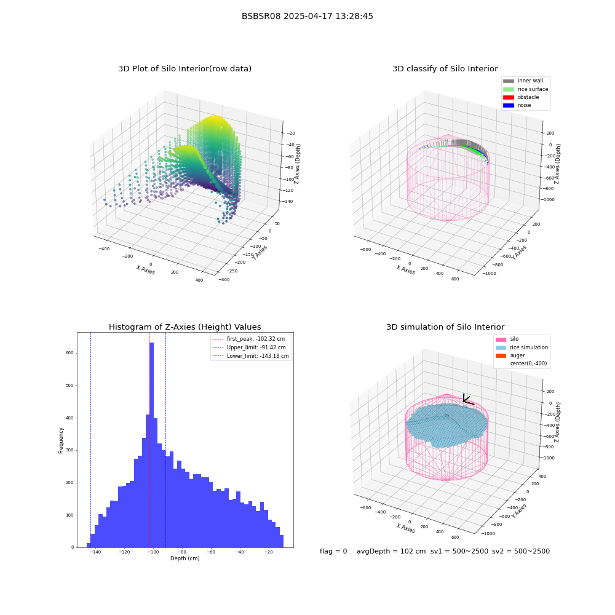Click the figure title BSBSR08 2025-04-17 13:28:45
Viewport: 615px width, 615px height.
coord(307,16)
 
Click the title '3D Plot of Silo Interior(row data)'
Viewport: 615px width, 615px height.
coord(184,69)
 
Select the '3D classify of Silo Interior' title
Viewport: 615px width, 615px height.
coord(445,69)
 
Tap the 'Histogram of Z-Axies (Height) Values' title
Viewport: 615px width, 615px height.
coord(184,327)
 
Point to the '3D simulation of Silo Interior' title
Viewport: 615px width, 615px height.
coord(445,327)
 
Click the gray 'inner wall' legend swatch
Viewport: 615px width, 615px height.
coord(509,81)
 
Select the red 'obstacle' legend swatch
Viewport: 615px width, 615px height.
coord(509,97)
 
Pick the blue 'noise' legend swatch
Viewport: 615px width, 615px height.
coord(509,106)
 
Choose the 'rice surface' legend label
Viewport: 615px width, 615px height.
coord(533,89)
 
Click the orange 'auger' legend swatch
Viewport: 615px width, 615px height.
coord(501,355)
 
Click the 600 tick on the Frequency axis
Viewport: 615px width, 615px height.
coord(69,353)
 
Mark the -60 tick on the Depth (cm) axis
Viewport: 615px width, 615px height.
coord(210,552)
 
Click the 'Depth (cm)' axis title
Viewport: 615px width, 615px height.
coord(184,558)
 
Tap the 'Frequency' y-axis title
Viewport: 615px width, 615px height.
coord(61,440)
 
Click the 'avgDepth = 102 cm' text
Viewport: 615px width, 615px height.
coord(391,551)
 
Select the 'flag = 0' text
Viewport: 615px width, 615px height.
coord(333,551)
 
